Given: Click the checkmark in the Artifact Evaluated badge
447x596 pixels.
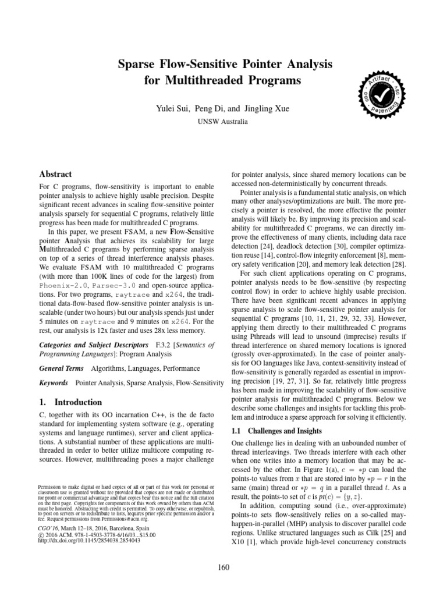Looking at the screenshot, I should pos(381,94).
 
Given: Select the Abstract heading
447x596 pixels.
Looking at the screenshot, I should pos(55,174).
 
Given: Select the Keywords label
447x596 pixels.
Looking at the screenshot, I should pos(54,383).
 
